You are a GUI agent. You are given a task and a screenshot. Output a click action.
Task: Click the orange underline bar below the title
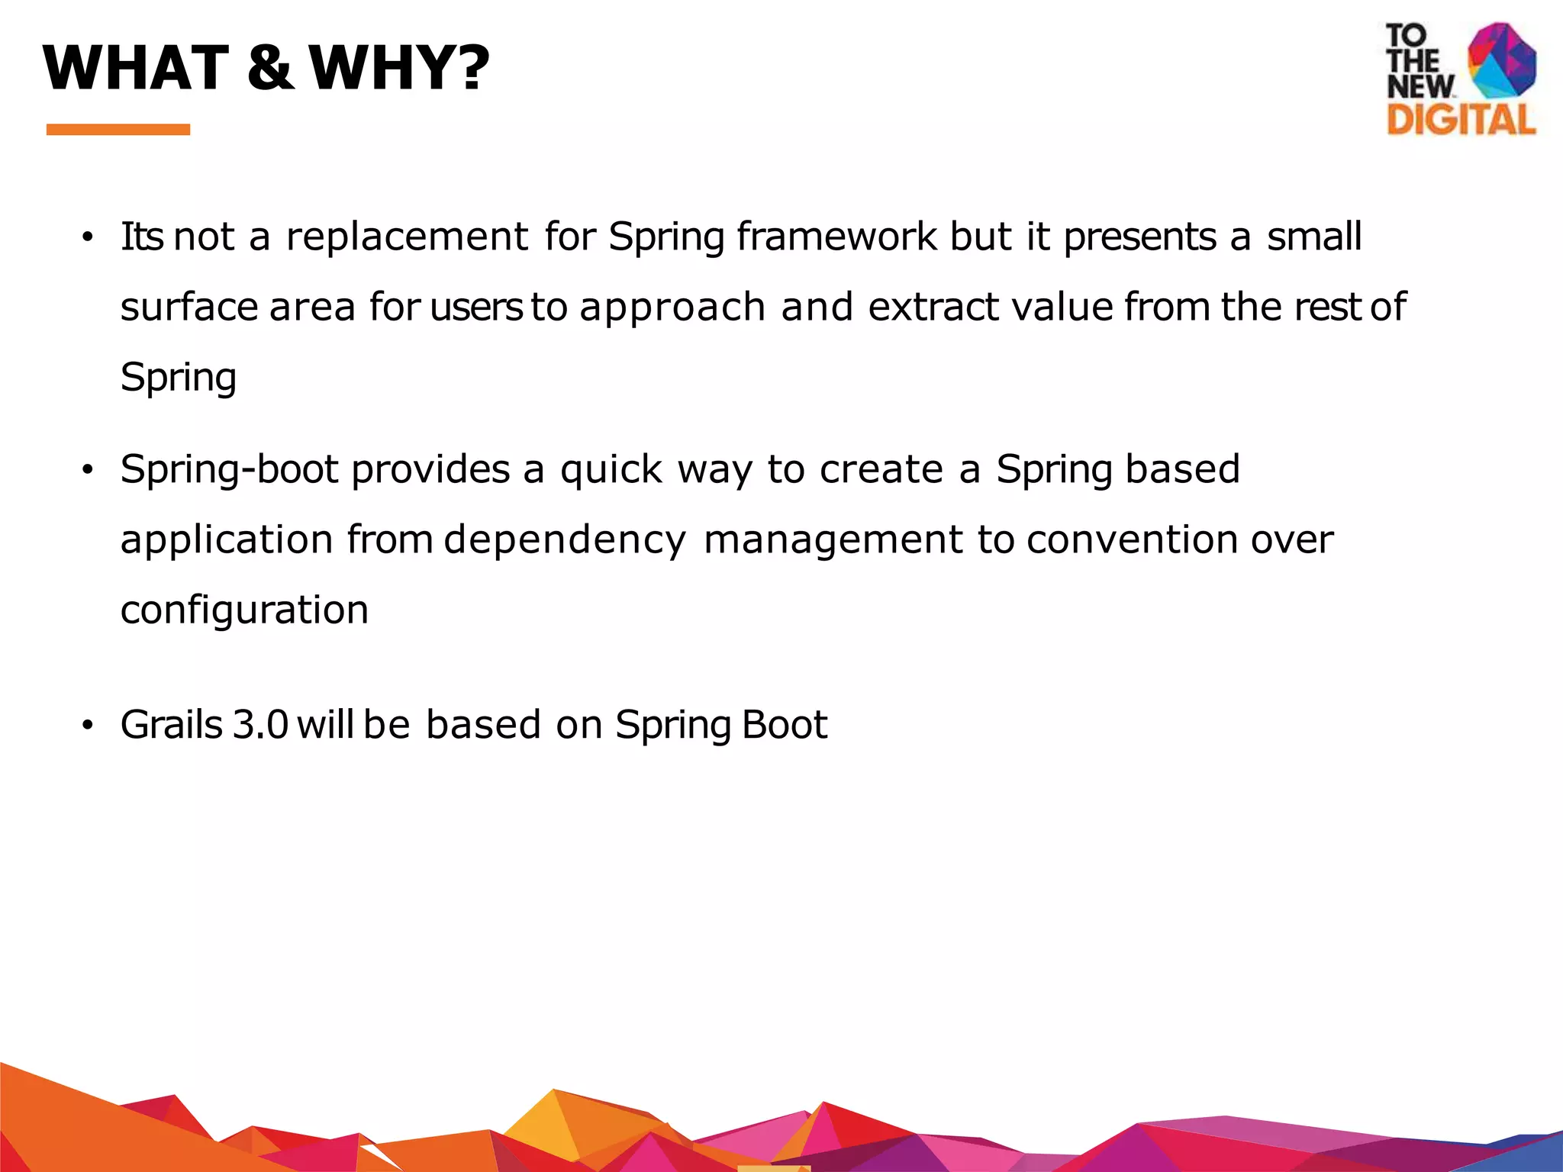coord(118,130)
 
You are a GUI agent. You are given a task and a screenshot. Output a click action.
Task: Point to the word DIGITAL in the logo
coord(1461,120)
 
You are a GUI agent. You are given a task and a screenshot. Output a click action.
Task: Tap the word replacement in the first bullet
coord(407,237)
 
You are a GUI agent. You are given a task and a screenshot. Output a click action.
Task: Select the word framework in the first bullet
coord(836,237)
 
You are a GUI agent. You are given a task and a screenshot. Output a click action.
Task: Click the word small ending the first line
coord(1314,237)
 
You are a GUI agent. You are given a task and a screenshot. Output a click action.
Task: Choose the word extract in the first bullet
coord(933,307)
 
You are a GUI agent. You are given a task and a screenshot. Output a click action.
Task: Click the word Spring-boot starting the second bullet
coord(229,469)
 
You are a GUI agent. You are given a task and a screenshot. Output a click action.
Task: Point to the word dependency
coord(565,541)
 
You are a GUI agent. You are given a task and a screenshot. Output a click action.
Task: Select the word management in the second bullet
coord(833,539)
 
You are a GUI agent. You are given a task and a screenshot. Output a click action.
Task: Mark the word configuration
coord(244,610)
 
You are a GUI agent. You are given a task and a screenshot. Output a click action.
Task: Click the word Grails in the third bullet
coord(171,724)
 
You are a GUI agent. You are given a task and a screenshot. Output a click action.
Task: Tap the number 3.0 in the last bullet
coord(260,724)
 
